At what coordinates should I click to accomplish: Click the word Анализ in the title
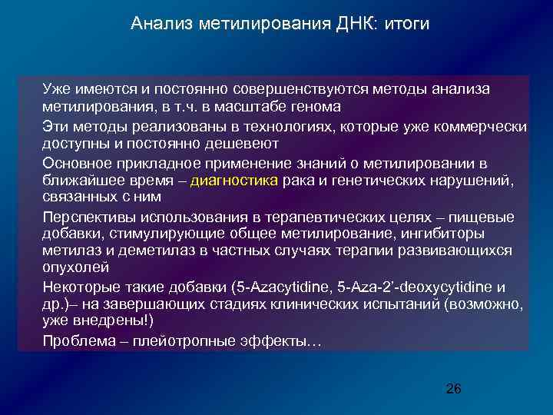point(157,24)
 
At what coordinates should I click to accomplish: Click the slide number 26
point(453,389)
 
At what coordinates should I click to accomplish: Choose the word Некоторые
point(81,287)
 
